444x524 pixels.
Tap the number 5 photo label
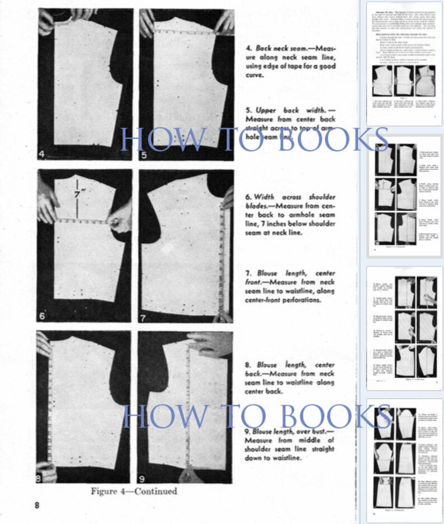[145, 154]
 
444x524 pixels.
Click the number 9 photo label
[143, 478]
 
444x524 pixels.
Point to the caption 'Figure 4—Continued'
[134, 491]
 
